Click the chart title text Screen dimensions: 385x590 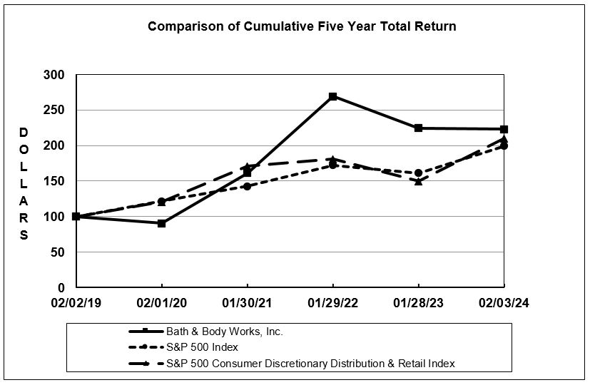point(302,26)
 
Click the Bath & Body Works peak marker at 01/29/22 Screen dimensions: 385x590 point(332,96)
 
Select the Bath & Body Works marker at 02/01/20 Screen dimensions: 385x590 point(162,223)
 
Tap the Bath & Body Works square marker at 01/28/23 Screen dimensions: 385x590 point(418,128)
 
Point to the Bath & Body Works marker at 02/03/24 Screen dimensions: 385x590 point(504,129)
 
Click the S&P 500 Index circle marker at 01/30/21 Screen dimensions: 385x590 point(248,186)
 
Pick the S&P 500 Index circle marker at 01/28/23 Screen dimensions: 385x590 point(418,173)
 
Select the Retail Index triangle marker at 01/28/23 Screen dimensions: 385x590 point(418,181)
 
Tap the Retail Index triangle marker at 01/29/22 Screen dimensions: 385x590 point(332,159)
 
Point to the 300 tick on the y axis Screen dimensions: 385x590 point(55,75)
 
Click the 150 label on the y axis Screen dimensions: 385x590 point(55,181)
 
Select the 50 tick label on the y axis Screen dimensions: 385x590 point(58,252)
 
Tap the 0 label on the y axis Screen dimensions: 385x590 point(61,288)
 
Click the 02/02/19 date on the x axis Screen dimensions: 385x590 point(76,303)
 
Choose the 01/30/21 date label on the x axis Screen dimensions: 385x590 point(248,303)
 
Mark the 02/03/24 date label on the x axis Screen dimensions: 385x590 point(504,303)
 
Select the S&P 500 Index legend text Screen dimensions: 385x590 point(202,347)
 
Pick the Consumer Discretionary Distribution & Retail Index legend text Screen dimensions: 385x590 point(310,364)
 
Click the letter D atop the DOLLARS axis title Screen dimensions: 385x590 point(24,133)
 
